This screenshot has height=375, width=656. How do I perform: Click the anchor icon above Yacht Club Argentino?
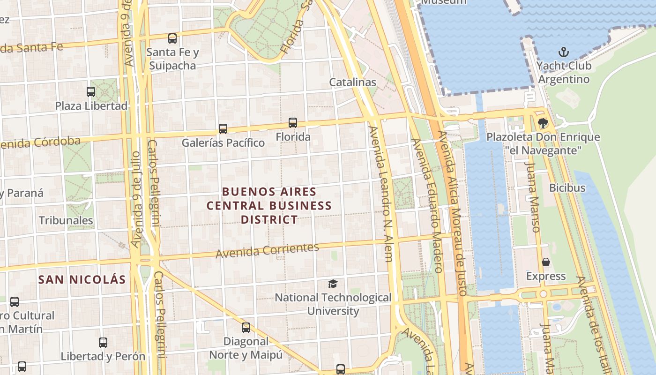pos(564,52)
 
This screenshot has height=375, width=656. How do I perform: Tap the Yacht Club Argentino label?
pos(564,72)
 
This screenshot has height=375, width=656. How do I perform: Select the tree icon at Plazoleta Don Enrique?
pos(543,123)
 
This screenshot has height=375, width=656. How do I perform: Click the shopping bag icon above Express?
pos(545,262)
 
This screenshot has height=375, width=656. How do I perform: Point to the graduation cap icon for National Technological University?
pos(333,284)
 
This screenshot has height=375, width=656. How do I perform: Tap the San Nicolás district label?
pos(82,280)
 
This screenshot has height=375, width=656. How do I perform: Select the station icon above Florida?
pos(293,123)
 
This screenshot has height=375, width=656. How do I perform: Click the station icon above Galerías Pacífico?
pos(223,128)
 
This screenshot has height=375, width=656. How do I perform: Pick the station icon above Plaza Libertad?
pos(91,92)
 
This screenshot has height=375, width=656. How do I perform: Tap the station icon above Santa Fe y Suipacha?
pos(172,38)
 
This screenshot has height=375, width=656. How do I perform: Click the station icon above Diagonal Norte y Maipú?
pos(246,328)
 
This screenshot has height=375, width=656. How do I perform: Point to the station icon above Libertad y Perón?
pos(103,343)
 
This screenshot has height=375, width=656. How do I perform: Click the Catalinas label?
pos(352,82)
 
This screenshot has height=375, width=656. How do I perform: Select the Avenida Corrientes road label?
pos(267,250)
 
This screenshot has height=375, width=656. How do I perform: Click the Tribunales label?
pos(66,220)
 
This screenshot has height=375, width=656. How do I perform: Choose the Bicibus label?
pos(567,188)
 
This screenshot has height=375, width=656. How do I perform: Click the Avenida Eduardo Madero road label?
pos(426,205)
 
